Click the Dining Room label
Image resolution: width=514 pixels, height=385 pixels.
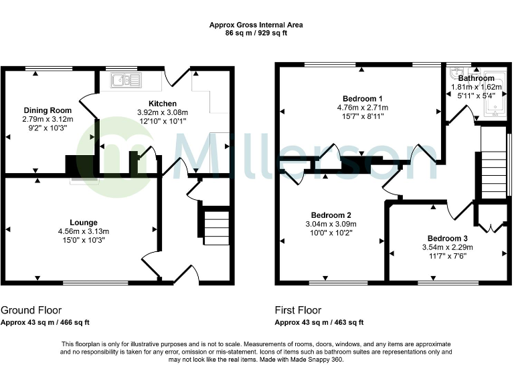click(x=48, y=110)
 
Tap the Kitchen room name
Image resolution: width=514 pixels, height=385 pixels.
click(x=162, y=104)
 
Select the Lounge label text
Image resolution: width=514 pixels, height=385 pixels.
click(x=84, y=223)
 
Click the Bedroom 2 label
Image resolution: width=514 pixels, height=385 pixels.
click(x=330, y=215)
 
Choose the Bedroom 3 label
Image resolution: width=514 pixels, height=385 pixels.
click(x=448, y=238)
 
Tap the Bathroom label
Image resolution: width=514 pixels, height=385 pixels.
click(x=476, y=78)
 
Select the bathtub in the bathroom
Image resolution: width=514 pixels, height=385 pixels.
click(x=496, y=94)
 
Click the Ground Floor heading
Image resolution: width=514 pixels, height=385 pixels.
click(x=31, y=311)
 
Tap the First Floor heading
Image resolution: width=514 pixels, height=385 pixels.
click(x=298, y=311)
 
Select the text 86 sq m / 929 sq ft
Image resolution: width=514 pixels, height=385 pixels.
click(x=256, y=32)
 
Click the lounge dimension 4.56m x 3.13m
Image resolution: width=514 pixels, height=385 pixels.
click(x=84, y=231)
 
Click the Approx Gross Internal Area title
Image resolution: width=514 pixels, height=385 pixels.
click(x=256, y=25)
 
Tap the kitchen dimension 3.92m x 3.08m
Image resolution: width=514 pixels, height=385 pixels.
click(x=162, y=112)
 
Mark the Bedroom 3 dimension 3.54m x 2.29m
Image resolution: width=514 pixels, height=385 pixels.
click(x=448, y=247)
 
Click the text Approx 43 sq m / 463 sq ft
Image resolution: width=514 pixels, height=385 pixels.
click(x=319, y=322)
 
